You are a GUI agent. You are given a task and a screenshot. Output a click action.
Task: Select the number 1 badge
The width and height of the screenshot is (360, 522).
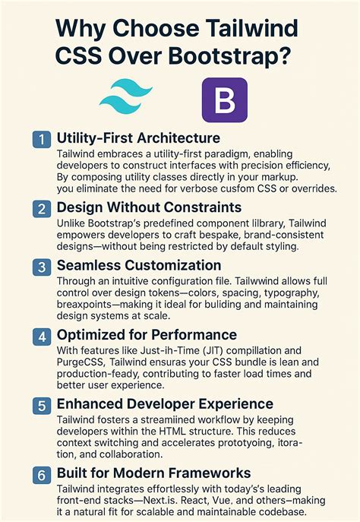click(40, 139)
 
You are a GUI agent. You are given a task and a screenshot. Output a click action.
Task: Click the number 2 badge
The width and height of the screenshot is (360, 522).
click(40, 208)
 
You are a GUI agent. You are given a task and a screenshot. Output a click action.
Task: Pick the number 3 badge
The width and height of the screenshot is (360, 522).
click(40, 266)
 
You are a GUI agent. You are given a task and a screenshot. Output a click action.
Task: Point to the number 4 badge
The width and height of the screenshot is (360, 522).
click(40, 334)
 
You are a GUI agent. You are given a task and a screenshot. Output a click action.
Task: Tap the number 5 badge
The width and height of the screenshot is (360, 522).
click(40, 403)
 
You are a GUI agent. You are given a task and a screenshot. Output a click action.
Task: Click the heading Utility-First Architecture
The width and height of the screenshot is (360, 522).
click(138, 138)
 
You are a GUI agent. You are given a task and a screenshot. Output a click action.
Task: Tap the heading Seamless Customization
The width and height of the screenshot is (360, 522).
click(139, 265)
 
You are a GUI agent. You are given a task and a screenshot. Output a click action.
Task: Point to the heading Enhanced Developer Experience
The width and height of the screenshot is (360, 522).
click(165, 403)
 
